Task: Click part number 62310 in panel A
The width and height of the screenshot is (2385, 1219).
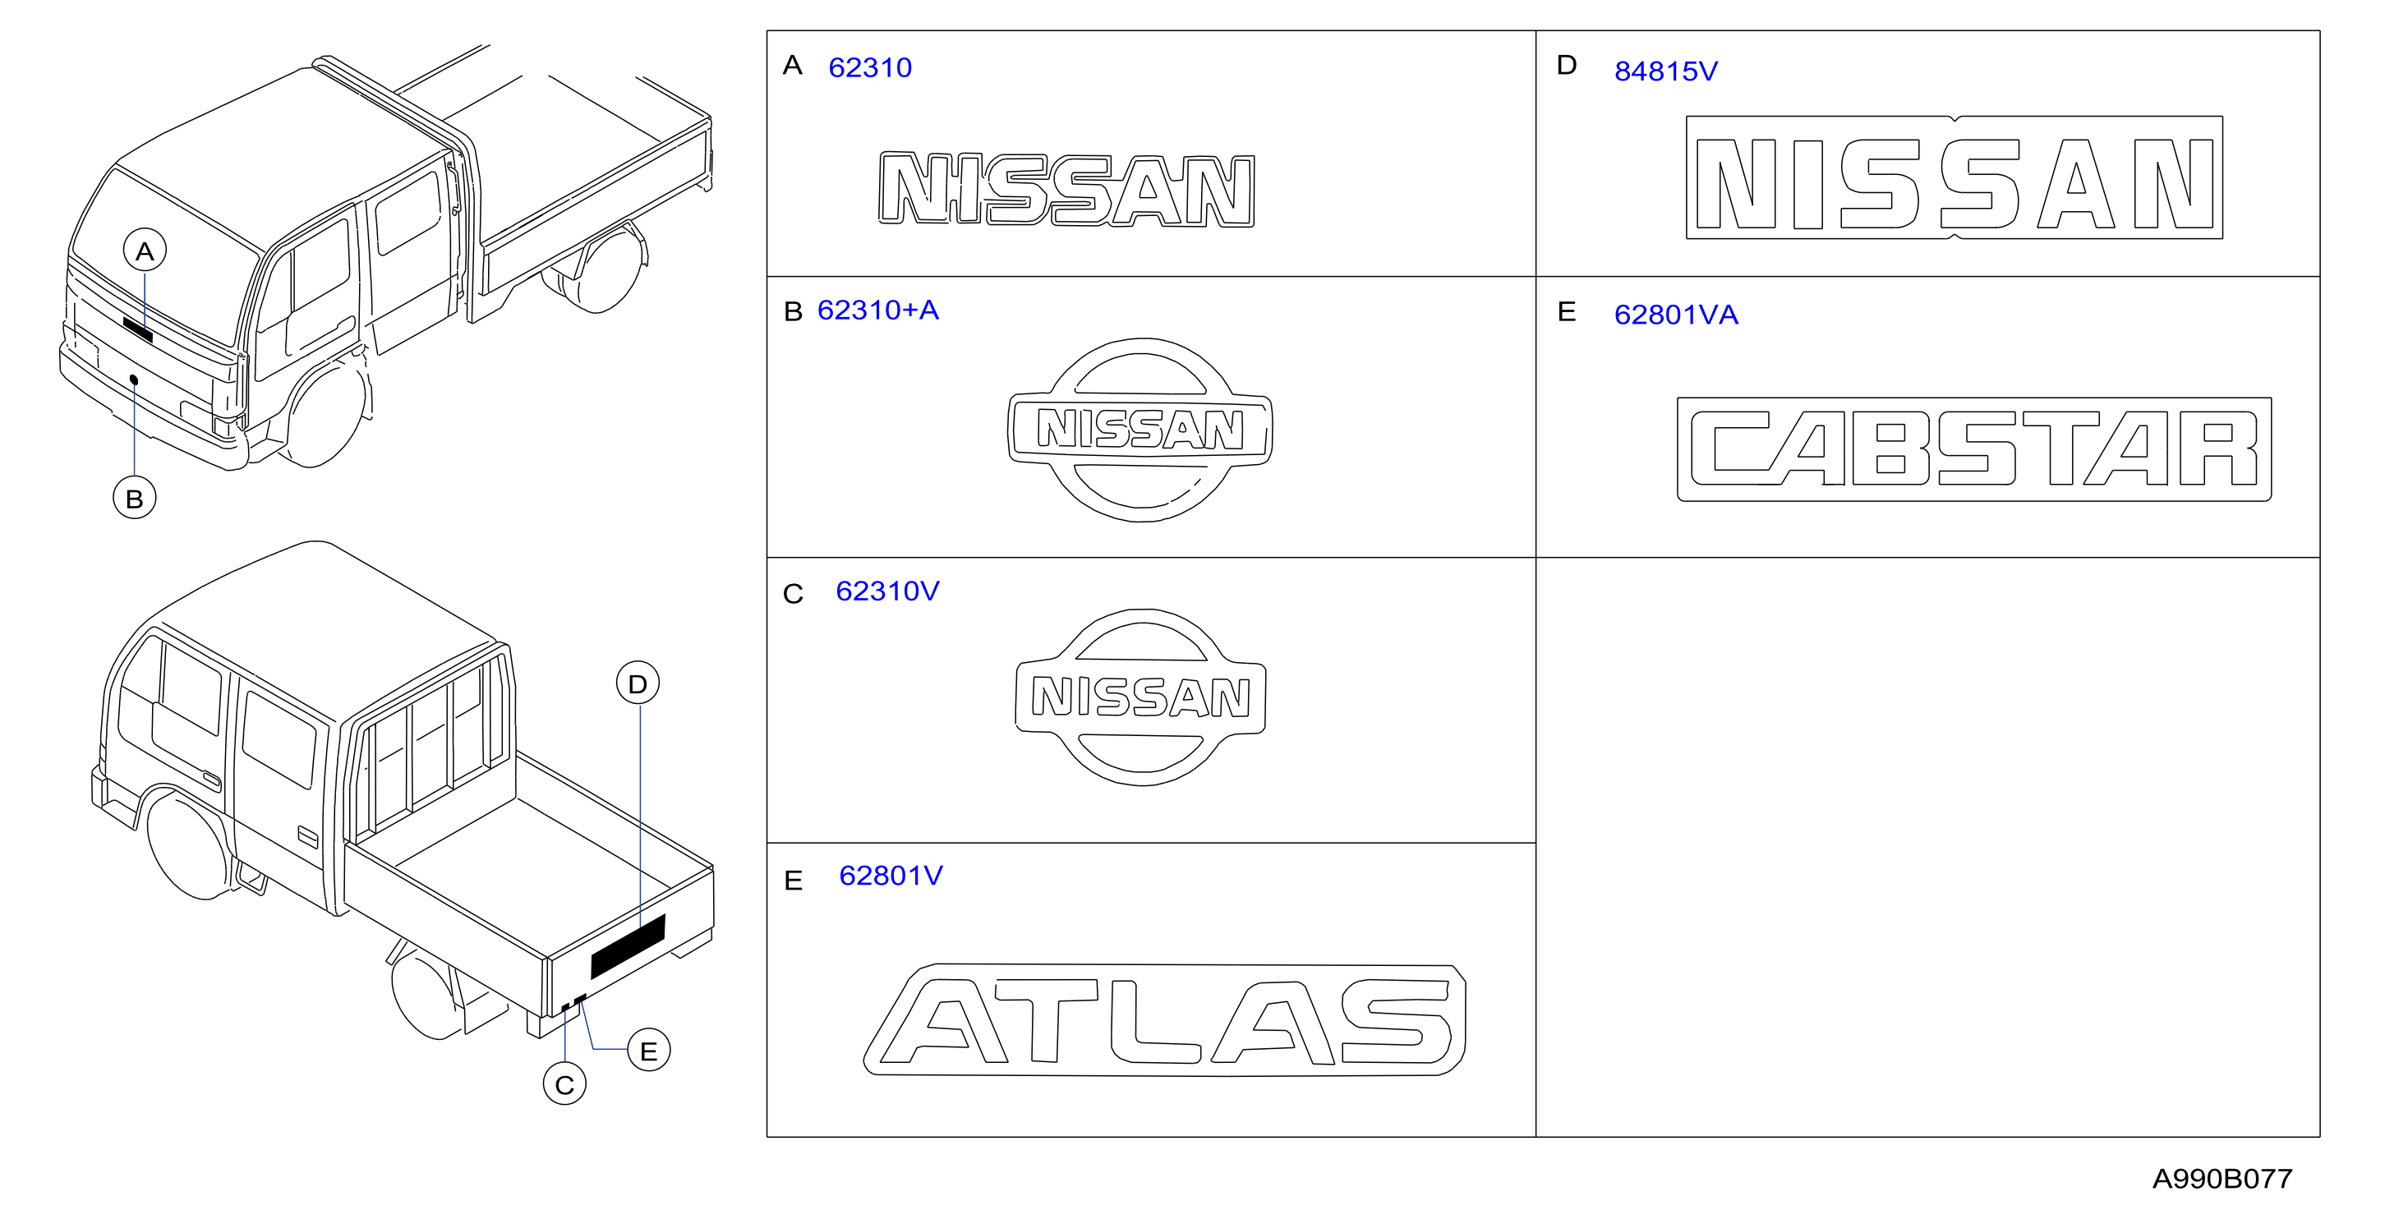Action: point(869,67)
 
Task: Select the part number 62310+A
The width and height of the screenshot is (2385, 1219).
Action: point(877,310)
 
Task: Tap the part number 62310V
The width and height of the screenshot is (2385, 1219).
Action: point(887,591)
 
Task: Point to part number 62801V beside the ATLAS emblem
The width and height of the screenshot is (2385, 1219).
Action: point(891,876)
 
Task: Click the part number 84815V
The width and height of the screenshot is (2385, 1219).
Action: point(1665,71)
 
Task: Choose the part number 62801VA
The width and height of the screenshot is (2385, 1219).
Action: point(1676,315)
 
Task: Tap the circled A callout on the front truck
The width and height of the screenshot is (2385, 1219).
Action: point(145,250)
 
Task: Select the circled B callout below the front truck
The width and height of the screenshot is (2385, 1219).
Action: point(134,498)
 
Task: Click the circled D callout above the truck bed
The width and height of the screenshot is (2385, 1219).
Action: point(638,683)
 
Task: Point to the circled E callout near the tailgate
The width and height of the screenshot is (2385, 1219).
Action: point(649,1050)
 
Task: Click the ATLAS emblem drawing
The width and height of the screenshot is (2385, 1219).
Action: point(1165,1020)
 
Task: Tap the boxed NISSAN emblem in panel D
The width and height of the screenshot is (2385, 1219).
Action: point(1955,177)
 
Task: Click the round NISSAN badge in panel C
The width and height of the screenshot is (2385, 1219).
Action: point(1140,697)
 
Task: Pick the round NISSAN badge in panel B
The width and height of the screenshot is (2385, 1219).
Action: point(1140,430)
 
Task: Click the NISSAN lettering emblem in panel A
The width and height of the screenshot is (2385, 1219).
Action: point(1066,189)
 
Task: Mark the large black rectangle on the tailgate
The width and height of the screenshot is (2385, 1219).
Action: point(628,946)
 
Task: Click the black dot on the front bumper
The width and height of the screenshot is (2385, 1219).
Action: point(134,379)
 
